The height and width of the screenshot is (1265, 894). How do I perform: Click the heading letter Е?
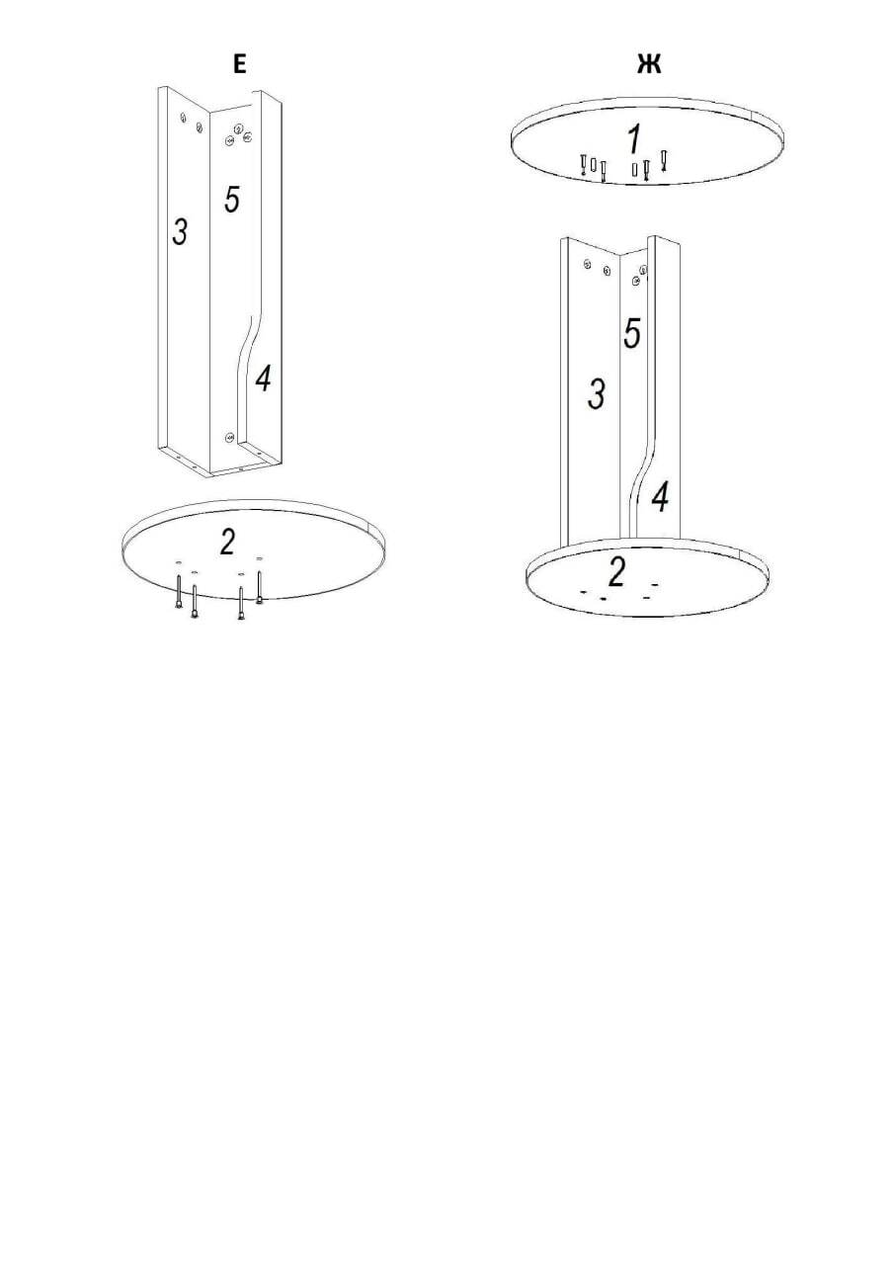[240, 64]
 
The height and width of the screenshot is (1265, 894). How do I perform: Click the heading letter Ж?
[649, 64]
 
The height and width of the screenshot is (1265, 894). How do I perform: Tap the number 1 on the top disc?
[635, 139]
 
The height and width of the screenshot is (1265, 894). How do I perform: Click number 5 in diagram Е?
[231, 199]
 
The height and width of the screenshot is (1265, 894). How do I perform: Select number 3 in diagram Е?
[180, 231]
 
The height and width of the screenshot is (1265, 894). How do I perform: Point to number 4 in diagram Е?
[263, 379]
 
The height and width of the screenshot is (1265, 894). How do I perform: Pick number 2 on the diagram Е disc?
[227, 542]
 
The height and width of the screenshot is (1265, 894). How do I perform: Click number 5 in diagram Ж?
[632, 333]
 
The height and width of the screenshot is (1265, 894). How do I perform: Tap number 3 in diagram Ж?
[597, 394]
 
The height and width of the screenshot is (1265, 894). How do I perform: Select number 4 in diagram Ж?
[660, 498]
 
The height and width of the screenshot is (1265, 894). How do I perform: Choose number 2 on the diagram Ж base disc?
[616, 571]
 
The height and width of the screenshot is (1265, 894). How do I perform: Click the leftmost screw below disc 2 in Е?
[179, 591]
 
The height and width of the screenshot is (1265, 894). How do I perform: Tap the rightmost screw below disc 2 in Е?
[259, 587]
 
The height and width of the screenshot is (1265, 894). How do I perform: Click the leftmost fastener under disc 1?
[584, 165]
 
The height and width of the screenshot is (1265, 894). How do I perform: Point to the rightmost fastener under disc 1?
[664, 160]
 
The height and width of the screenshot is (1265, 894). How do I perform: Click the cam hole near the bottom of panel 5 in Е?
[230, 437]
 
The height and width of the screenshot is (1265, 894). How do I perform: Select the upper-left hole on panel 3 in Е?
[183, 118]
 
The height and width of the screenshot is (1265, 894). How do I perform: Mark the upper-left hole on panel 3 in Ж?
[587, 264]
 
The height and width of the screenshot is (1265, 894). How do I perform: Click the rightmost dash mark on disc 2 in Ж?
[655, 584]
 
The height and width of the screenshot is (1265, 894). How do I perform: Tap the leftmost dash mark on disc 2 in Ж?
[584, 592]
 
